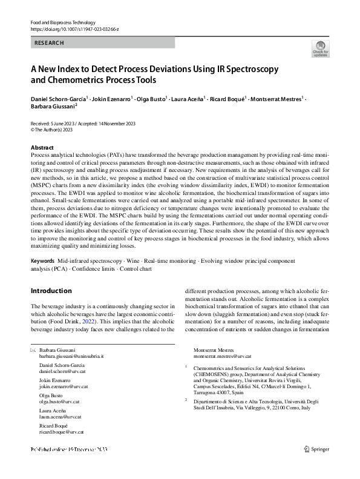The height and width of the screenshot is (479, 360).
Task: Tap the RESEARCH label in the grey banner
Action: [49, 43]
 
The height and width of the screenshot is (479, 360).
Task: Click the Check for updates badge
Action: [319, 49]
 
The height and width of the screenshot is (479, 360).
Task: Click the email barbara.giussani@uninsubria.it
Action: [71, 358]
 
